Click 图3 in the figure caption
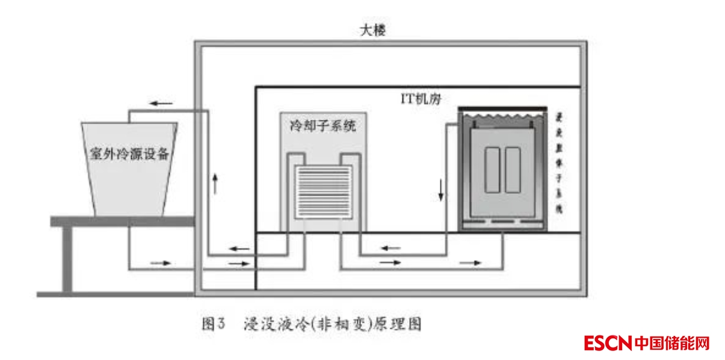pos(212,324)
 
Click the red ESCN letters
pos(607,344)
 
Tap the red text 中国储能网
pos(672,344)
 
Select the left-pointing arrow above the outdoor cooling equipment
pos(161,103)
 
